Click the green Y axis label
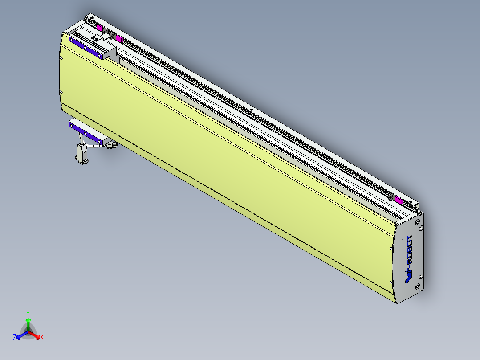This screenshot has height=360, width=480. point(28,313)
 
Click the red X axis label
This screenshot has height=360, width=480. point(41,338)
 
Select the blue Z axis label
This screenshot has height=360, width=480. point(15,338)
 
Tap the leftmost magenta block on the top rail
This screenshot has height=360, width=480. point(99,28)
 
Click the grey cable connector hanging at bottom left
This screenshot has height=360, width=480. point(81,153)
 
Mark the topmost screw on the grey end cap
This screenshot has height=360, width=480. point(418,221)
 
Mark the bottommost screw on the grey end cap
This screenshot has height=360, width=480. point(418,286)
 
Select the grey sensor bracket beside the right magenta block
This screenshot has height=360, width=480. point(391,196)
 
